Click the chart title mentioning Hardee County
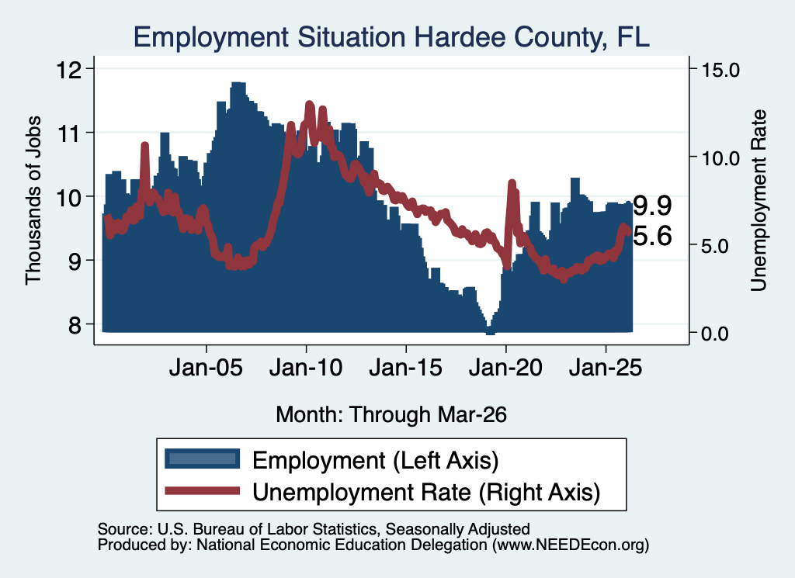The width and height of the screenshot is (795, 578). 391,37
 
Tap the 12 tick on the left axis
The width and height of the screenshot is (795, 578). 69,69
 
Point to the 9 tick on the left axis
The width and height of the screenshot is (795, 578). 75,261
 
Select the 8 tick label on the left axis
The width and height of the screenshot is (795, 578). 75,325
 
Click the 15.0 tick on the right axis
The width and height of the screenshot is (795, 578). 720,70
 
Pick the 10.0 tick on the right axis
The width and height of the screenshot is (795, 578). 720,158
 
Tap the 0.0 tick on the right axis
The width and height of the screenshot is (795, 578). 714,334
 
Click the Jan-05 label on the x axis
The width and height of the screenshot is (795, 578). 206,368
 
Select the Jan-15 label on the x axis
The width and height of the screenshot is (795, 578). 405,368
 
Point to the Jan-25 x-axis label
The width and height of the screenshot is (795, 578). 606,368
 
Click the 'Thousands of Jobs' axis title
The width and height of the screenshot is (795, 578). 33,200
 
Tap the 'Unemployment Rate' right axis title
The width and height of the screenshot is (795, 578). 759,200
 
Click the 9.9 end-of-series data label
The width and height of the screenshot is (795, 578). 652,206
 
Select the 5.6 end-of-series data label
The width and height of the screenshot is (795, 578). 652,236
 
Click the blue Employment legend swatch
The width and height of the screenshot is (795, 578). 203,459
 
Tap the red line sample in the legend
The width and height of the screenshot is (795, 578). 203,490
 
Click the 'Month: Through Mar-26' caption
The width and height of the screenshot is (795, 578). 391,414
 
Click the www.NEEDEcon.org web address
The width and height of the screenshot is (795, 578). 571,545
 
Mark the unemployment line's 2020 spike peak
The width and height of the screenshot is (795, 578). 512,183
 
